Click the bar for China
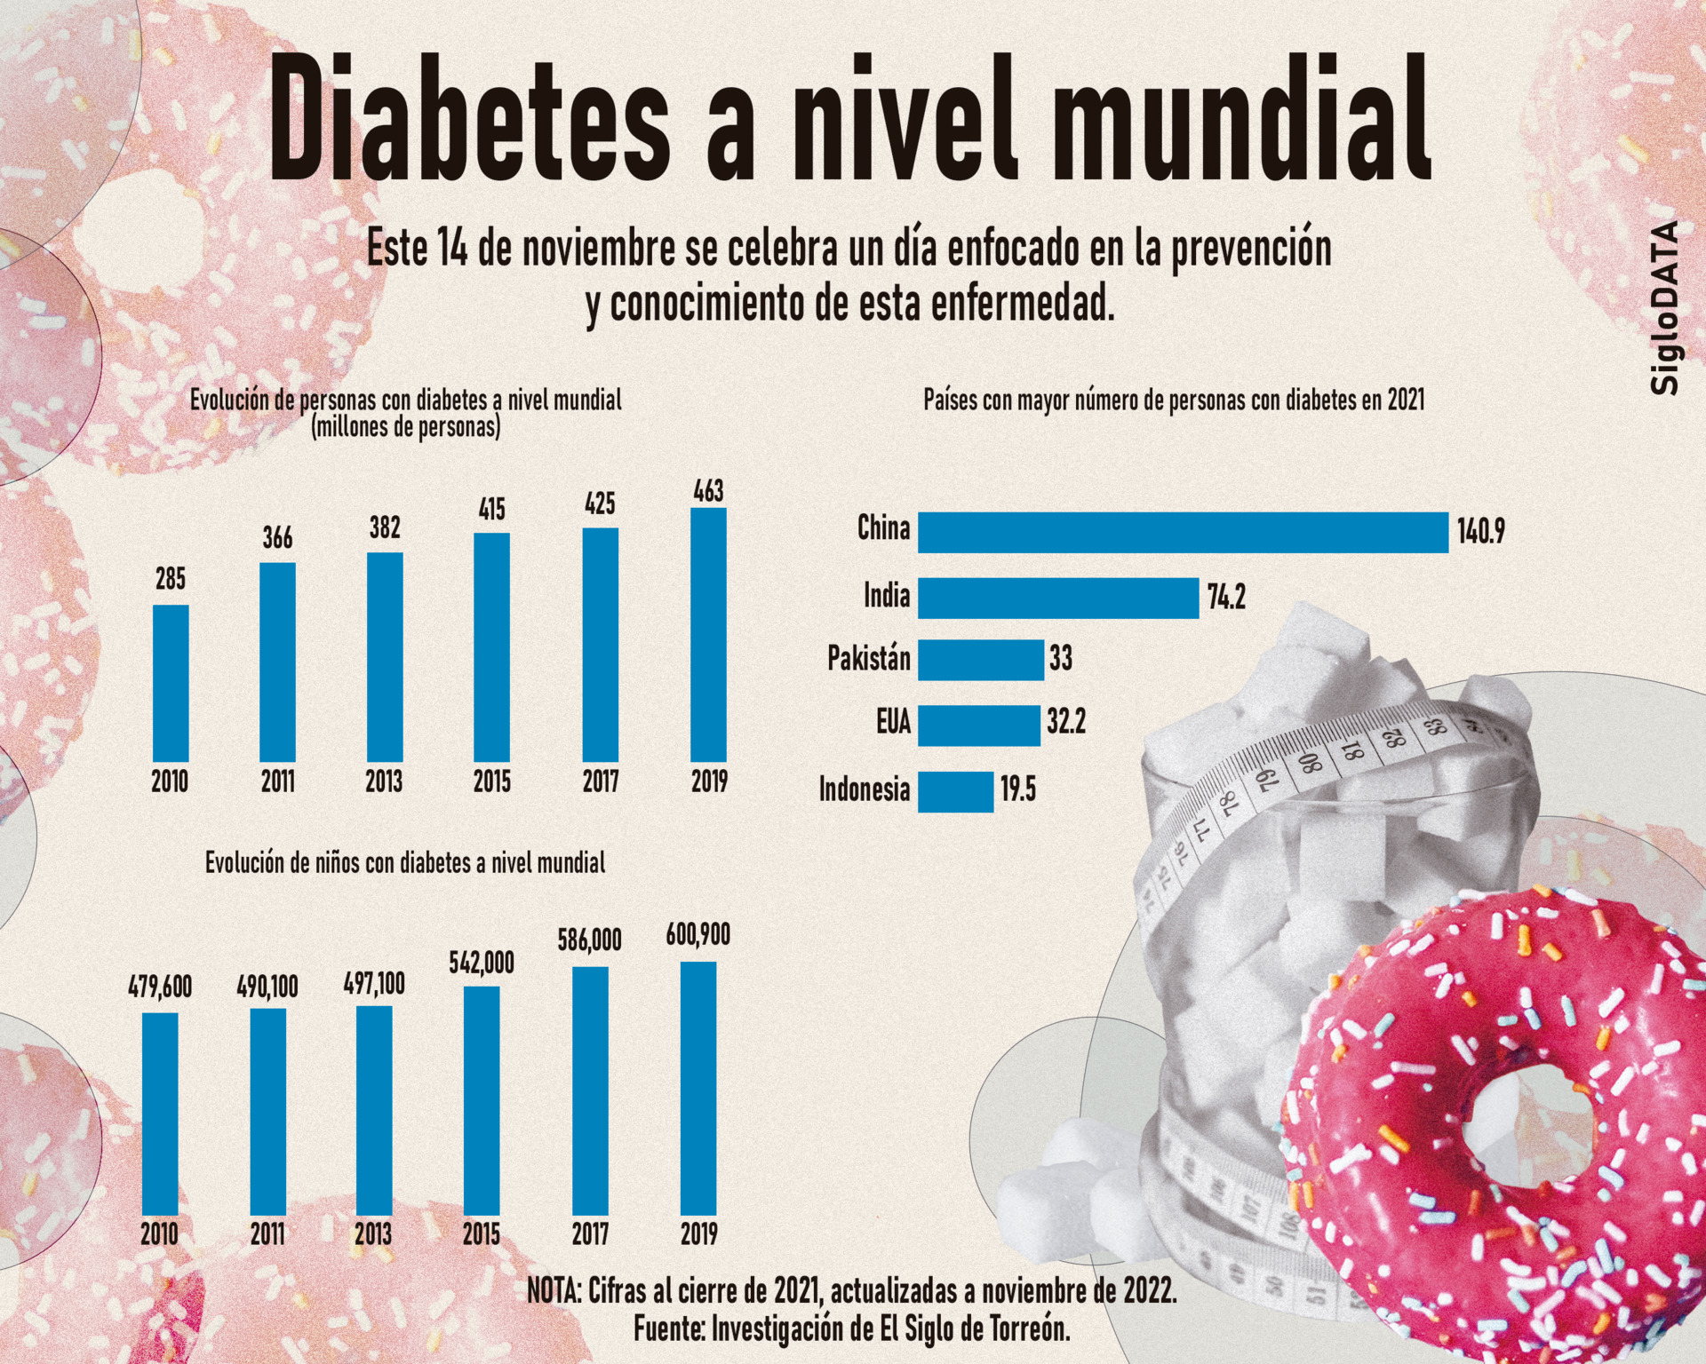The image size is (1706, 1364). [1183, 532]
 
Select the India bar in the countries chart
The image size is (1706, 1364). [1057, 598]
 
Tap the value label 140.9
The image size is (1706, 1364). [1480, 532]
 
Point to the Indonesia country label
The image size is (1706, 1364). [865, 789]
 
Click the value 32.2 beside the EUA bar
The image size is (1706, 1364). [1065, 723]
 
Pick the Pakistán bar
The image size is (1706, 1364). [980, 660]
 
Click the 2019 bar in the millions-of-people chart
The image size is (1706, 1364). [708, 635]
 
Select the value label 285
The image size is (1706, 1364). [171, 580]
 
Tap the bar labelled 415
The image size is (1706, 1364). [491, 647]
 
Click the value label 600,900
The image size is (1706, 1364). [698, 934]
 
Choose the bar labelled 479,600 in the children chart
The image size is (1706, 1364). [160, 1114]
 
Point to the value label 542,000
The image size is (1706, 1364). [482, 963]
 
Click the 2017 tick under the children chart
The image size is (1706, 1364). [590, 1233]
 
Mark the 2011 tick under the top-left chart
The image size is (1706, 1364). [277, 781]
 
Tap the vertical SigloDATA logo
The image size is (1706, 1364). [1664, 307]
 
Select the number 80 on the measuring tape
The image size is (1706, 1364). [1308, 762]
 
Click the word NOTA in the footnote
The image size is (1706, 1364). [553, 1290]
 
